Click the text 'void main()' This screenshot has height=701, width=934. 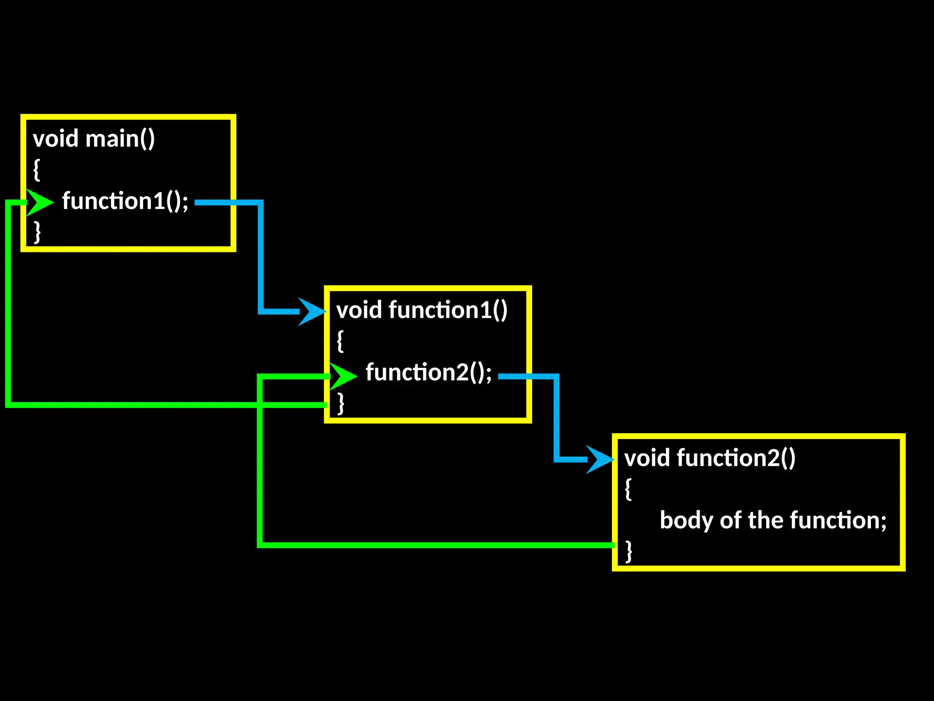pyautogui.click(x=94, y=139)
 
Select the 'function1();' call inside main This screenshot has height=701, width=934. pyautogui.click(x=125, y=201)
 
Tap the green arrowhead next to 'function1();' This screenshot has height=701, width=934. pyautogui.click(x=40, y=202)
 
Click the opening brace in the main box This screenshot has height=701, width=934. pyautogui.click(x=36, y=170)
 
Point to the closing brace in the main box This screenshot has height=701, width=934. pyautogui.click(x=37, y=232)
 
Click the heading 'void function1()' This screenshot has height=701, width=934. pyautogui.click(x=422, y=310)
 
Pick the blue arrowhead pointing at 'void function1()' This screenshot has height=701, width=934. pyautogui.click(x=311, y=312)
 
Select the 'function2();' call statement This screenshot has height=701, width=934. pyautogui.click(x=429, y=372)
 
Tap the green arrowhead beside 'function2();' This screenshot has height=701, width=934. pyautogui.click(x=343, y=376)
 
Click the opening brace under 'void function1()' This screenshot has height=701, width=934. pyautogui.click(x=340, y=341)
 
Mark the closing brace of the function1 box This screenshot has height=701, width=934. pyautogui.click(x=340, y=403)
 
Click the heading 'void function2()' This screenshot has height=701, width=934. pyautogui.click(x=710, y=458)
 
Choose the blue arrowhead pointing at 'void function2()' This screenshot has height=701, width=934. pyautogui.click(x=600, y=460)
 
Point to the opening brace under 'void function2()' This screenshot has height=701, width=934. pyautogui.click(x=628, y=489)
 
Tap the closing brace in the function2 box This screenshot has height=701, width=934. pyautogui.click(x=628, y=551)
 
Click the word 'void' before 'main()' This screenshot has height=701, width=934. pyautogui.click(x=56, y=139)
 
